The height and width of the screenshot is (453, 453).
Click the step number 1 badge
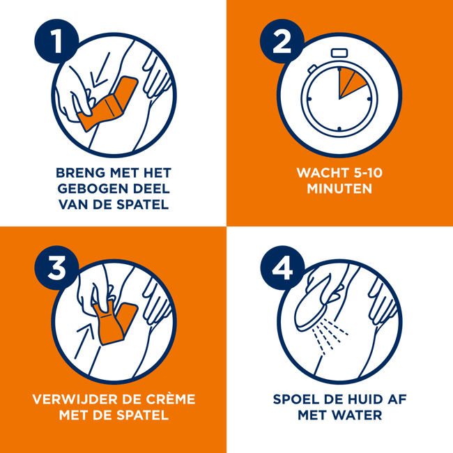tap(56, 41)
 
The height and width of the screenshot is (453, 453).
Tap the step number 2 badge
tap(282, 41)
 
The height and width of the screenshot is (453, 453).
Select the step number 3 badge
tap(56, 268)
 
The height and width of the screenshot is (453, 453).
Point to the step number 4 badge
tap(282, 268)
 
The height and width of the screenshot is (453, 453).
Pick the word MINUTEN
tap(339, 189)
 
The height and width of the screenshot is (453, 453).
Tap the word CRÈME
tap(171, 399)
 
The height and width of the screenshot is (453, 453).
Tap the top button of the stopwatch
tap(339, 53)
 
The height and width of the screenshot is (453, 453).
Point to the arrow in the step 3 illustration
tap(84, 341)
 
